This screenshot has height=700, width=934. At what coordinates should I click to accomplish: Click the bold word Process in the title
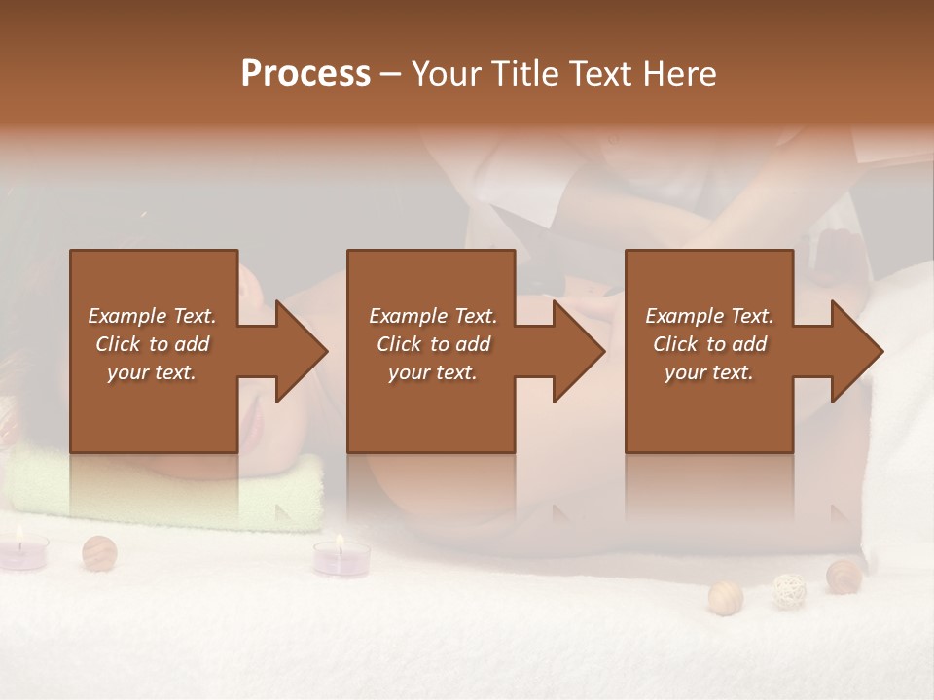point(305,74)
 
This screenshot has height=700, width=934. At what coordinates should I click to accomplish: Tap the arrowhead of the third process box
point(855,351)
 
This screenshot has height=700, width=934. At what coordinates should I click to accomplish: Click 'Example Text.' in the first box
point(152,316)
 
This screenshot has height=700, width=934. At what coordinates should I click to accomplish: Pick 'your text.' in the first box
point(152,373)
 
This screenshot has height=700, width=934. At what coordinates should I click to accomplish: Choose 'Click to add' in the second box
point(433,344)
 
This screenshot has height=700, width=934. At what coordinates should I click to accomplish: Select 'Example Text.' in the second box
point(433,316)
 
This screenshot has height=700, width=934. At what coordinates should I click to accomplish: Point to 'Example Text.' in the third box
point(709,316)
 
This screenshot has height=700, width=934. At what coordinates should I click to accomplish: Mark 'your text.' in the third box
point(709,373)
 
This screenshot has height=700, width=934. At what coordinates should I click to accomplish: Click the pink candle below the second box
point(341,559)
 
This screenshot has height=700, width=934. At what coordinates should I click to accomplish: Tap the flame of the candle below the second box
point(340,541)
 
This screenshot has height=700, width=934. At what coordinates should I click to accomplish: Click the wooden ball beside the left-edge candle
point(99,552)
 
